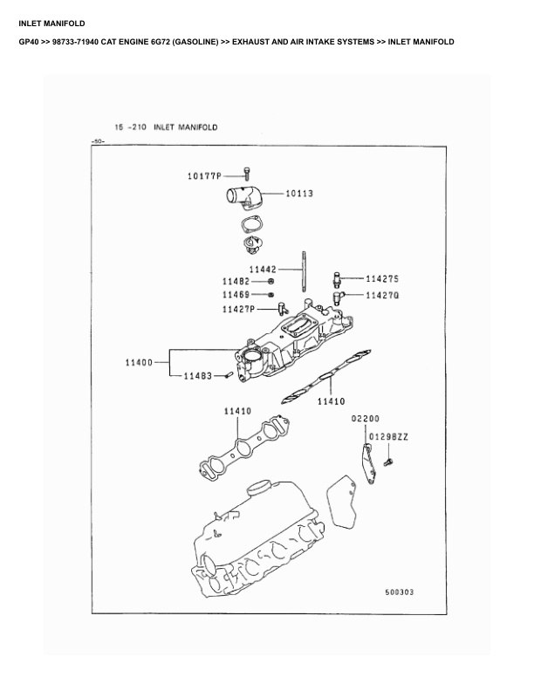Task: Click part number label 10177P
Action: tap(204, 174)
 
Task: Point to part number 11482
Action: tap(236, 282)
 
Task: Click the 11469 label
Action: tap(236, 295)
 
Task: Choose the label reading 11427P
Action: tap(238, 309)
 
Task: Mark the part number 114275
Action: tap(382, 279)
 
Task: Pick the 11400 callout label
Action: tap(139, 361)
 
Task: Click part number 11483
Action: tap(197, 376)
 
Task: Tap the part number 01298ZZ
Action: tap(388, 434)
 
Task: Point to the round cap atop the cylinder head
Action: tap(260, 487)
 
